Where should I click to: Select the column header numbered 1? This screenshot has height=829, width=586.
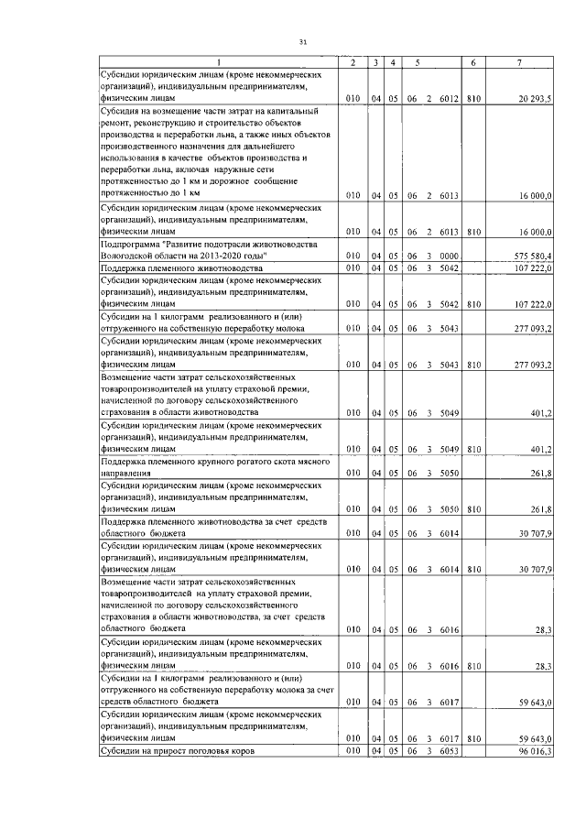click(219, 61)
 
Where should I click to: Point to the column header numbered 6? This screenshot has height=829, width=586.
click(473, 61)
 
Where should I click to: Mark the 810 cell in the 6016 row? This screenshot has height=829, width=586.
click(473, 666)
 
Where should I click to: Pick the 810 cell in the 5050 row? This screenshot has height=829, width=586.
click(473, 508)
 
